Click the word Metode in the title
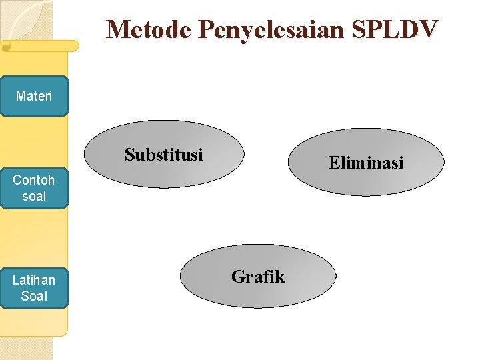coord(149,29)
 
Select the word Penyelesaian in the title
coord(274,29)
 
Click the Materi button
coord(34,97)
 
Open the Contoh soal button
coord(34,188)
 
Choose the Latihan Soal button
coord(34,288)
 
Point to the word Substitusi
coord(164,155)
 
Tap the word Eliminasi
coord(366,163)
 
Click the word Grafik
coord(258,277)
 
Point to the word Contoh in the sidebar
coord(34,180)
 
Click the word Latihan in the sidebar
coord(34,280)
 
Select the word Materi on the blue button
coord(34,97)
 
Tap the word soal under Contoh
coord(34,196)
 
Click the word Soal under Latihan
coord(34,296)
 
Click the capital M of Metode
coord(118,29)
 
